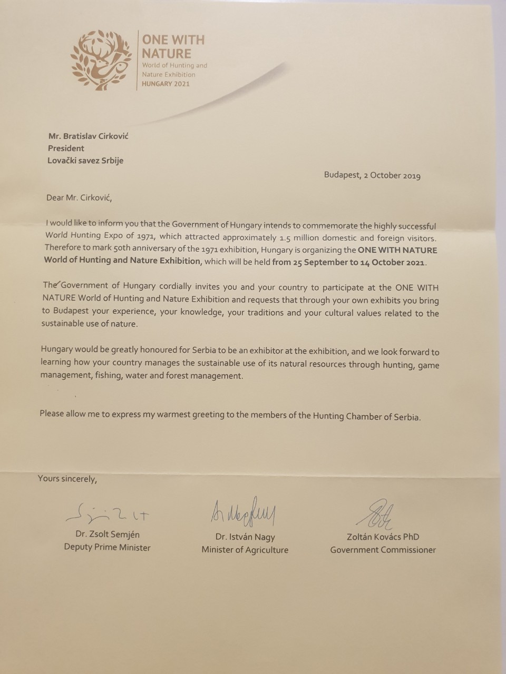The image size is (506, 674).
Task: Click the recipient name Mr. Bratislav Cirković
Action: (88, 136)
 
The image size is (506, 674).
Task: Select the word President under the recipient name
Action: (66, 148)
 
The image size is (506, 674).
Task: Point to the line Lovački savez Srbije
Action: (85, 161)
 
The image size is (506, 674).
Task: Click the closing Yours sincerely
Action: (67, 479)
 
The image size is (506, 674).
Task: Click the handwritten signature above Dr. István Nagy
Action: (245, 511)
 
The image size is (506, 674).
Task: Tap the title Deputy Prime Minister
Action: (107, 548)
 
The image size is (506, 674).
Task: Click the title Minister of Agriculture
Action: (245, 550)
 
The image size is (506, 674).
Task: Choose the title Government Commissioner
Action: (383, 550)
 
